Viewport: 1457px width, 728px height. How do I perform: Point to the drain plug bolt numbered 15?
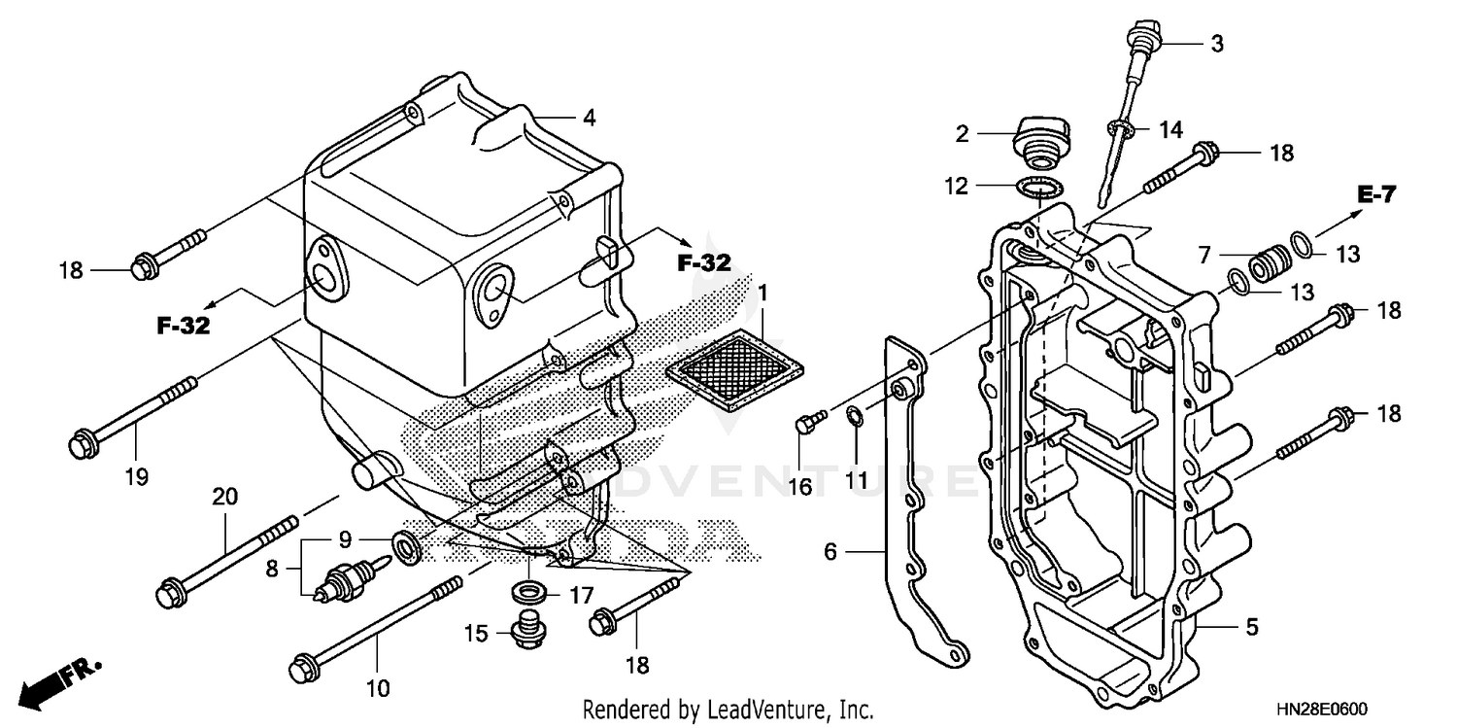527,630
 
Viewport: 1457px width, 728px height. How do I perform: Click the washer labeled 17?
528,592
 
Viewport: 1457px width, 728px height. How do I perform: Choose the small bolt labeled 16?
806,422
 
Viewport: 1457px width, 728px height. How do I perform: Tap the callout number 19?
135,476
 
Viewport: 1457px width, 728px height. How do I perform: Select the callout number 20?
225,497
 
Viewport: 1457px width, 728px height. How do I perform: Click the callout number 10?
378,688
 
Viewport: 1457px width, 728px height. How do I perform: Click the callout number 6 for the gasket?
830,551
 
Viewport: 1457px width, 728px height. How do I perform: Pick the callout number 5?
1252,628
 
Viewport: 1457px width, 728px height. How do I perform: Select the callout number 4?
589,119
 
